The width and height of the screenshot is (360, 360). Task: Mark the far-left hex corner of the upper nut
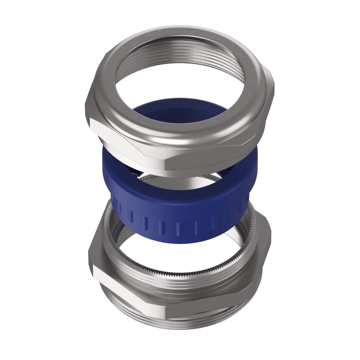coord(86,108)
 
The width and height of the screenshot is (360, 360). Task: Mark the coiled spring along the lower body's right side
coord(252,225)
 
